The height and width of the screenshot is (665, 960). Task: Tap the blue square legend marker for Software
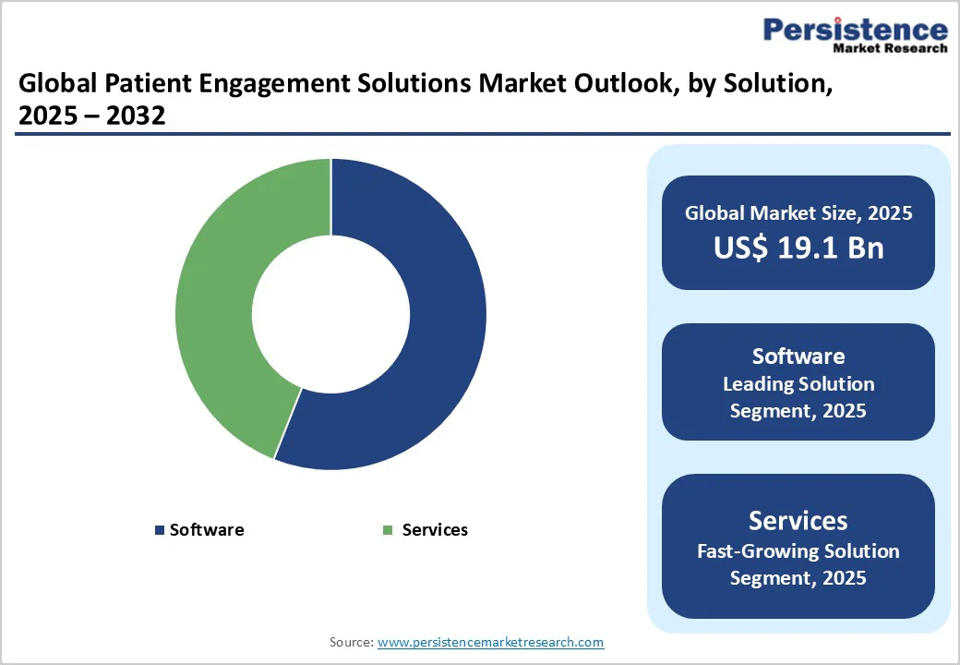[160, 530]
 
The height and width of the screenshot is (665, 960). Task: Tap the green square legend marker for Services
[388, 530]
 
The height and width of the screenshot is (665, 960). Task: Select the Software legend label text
[207, 530]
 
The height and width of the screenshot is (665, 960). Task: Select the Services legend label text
[435, 530]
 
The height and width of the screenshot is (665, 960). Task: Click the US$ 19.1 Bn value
[798, 248]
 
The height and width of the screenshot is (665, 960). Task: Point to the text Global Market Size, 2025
[798, 213]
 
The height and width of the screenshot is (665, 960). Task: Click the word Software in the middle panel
[798, 357]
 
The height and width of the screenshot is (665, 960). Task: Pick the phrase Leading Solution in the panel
[798, 383]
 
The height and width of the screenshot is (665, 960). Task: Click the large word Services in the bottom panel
[798, 520]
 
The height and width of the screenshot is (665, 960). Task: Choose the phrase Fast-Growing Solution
[798, 551]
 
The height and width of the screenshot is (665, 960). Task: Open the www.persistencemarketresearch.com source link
[490, 642]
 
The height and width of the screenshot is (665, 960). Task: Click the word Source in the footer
[351, 642]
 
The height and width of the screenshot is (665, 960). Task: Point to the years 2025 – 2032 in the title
[91, 116]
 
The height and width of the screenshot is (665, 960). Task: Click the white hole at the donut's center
[330, 314]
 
